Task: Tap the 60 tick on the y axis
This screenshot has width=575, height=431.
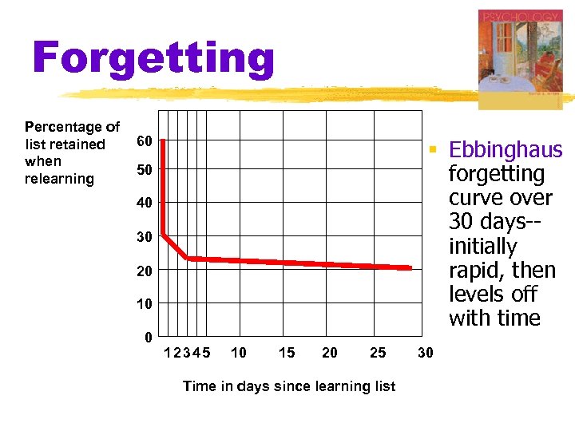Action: (145, 142)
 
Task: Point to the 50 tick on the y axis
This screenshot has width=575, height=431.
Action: (145, 171)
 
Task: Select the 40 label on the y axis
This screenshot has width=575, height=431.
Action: (145, 204)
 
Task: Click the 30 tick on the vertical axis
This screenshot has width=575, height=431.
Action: (145, 238)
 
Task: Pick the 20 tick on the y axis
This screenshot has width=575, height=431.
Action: (145, 271)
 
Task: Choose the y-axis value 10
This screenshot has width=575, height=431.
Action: (145, 304)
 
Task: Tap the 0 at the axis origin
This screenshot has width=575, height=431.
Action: (149, 337)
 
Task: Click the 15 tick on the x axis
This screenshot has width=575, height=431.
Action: (286, 352)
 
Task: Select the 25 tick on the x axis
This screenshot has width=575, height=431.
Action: (378, 352)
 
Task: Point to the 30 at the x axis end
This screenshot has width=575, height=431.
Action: (426, 352)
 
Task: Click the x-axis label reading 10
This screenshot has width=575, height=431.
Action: (238, 352)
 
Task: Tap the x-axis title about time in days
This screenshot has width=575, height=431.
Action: (289, 386)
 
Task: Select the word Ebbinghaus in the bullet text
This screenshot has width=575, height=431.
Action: (506, 150)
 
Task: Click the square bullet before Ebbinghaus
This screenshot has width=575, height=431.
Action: (432, 148)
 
